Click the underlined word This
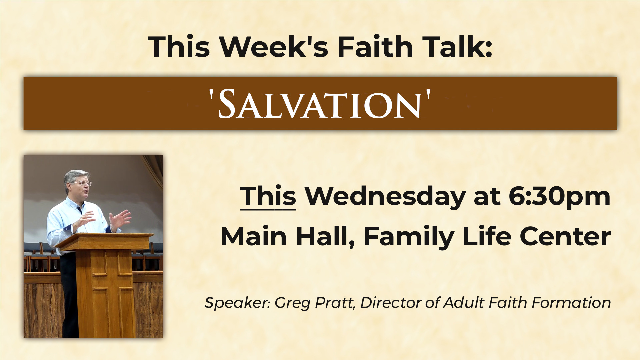click(x=268, y=197)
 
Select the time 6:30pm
click(x=559, y=197)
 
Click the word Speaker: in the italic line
click(x=237, y=303)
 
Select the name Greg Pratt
click(x=315, y=303)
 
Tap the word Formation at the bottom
click(x=571, y=303)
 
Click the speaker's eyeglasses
click(x=83, y=183)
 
